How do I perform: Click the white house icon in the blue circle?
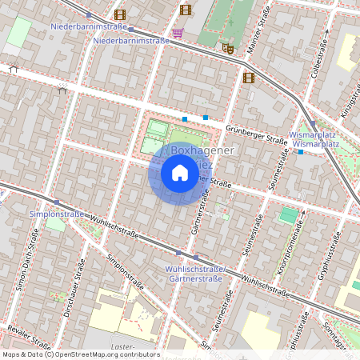(x=180, y=173)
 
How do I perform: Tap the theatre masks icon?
(x=228, y=48)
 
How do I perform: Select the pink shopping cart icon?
(x=177, y=33)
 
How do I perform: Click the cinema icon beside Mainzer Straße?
(x=248, y=78)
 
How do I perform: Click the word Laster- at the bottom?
(x=123, y=346)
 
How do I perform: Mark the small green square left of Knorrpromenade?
(x=287, y=215)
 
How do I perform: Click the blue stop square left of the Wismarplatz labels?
(x=300, y=151)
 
